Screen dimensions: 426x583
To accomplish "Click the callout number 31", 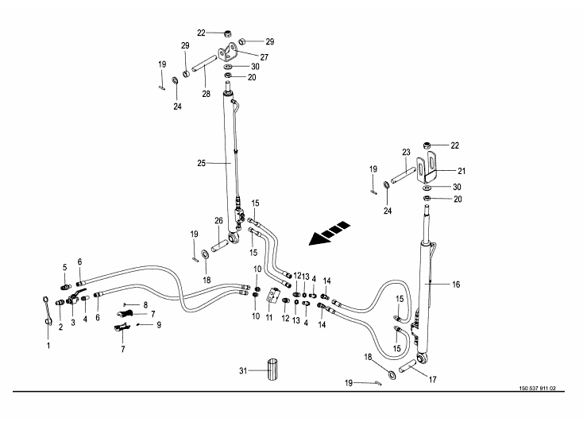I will (243, 370).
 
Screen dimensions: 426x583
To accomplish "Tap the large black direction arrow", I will (329, 231).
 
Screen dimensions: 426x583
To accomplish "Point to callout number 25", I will (202, 162).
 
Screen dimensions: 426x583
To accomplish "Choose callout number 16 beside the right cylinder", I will (456, 284).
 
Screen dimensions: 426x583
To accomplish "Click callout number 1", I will (48, 346).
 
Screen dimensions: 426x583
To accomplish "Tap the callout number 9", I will (159, 324).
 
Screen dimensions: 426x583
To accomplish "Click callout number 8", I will (145, 304).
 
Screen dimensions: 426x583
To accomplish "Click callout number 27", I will (264, 57).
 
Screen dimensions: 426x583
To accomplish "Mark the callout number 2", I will (60, 327).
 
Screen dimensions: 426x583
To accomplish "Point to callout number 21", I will (461, 169).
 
